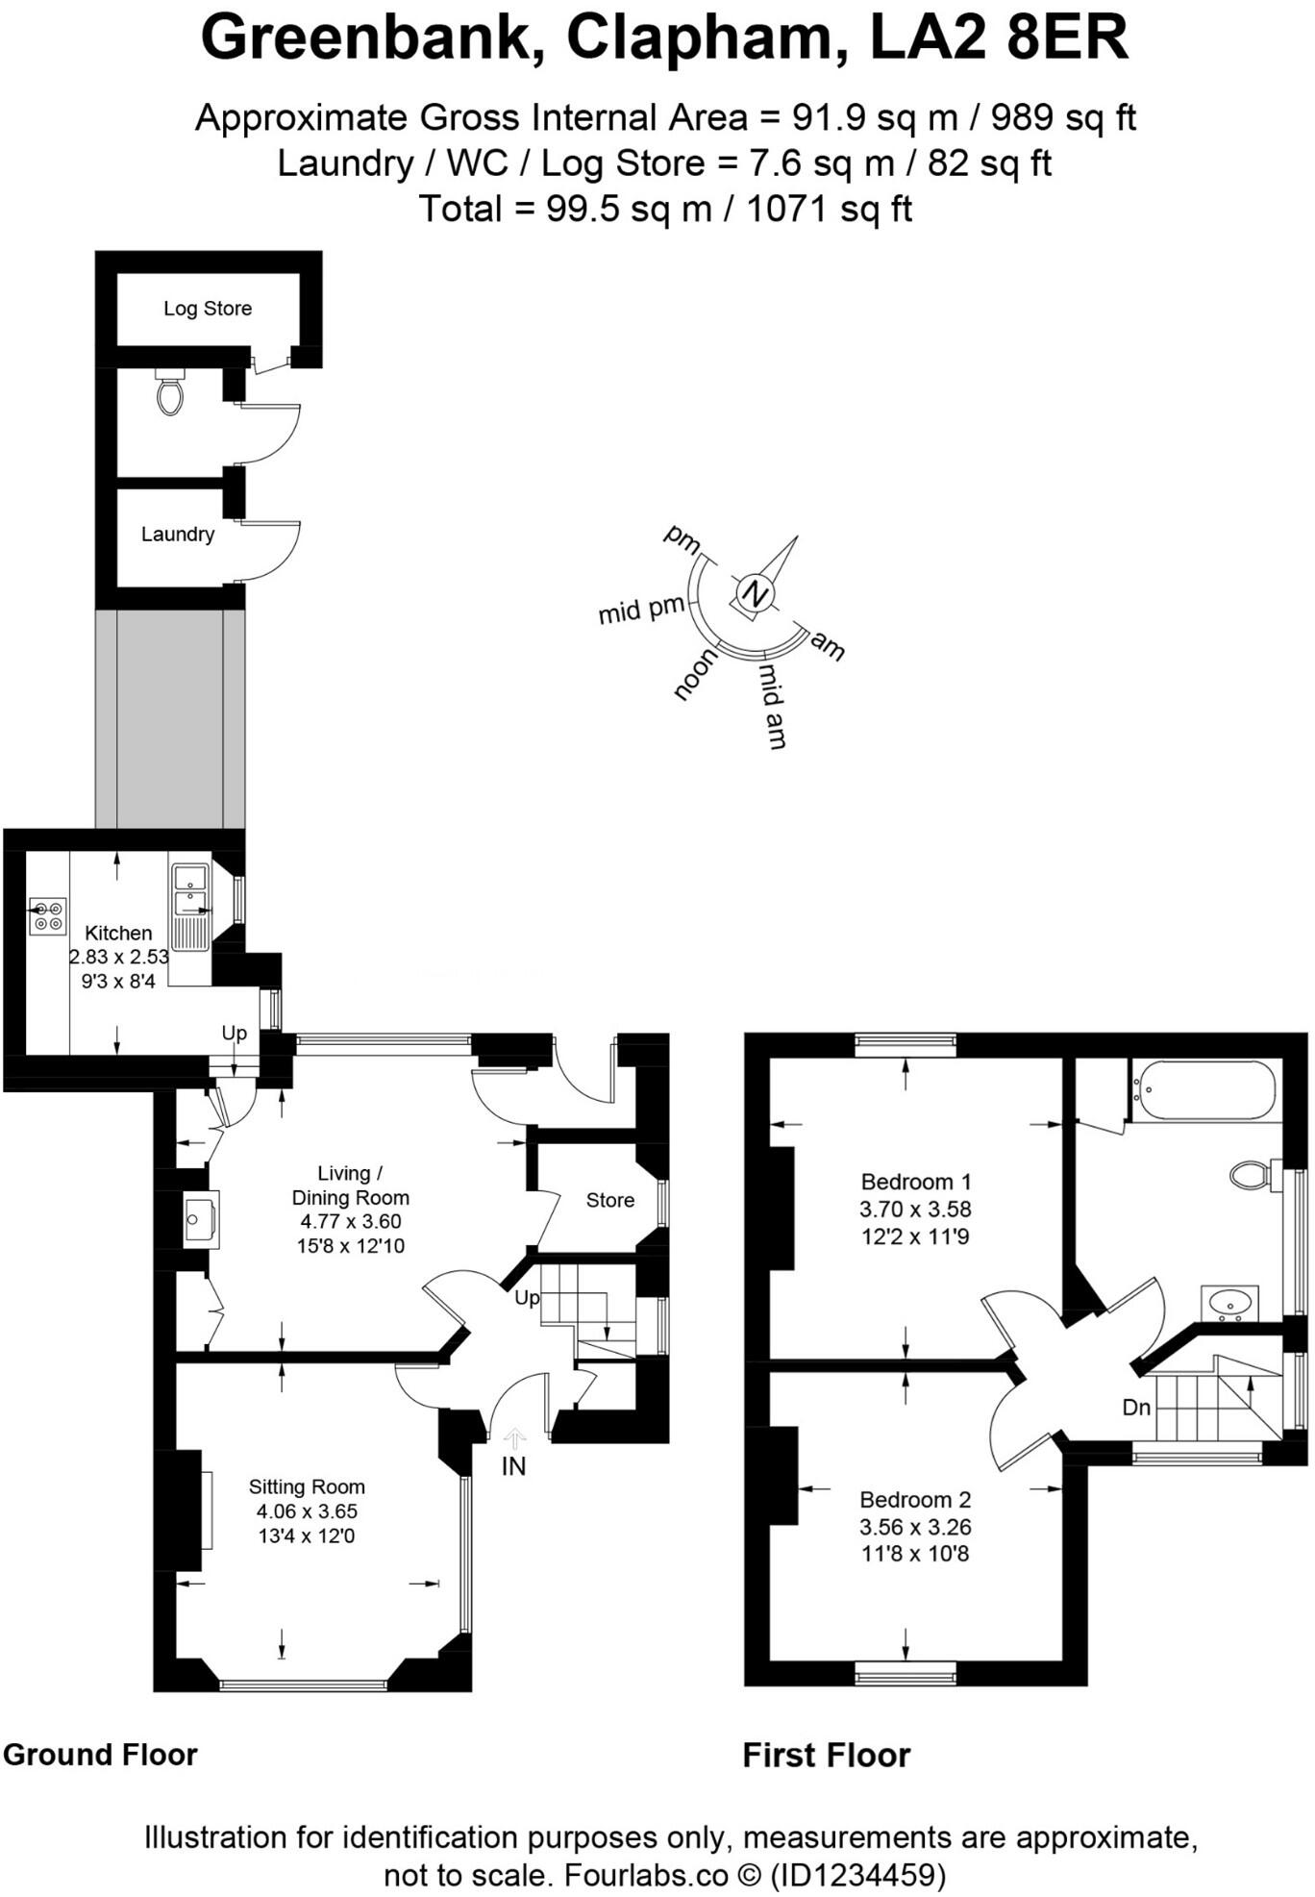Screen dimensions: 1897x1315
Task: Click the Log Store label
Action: tap(208, 309)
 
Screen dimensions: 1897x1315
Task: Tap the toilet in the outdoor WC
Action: tap(170, 393)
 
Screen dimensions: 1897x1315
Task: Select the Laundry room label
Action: tap(178, 534)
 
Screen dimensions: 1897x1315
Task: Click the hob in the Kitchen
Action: tap(47, 915)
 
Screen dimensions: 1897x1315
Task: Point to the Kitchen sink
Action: tap(190, 890)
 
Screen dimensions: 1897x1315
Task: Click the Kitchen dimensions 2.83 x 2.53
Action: tap(119, 957)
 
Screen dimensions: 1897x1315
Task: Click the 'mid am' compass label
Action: tap(772, 705)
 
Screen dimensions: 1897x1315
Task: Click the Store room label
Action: tap(610, 1200)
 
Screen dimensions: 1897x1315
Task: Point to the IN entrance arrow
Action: tap(515, 1439)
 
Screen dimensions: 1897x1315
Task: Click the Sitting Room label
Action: tap(307, 1486)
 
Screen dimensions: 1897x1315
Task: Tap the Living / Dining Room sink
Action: tap(201, 1218)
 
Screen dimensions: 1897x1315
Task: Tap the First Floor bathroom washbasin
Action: tap(1229, 1302)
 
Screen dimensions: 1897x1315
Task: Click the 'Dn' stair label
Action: tap(1136, 1408)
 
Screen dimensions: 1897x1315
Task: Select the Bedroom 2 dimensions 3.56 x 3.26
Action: tap(915, 1527)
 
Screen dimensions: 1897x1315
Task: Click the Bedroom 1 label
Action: tap(915, 1182)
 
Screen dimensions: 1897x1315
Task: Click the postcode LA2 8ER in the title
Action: tap(999, 38)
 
